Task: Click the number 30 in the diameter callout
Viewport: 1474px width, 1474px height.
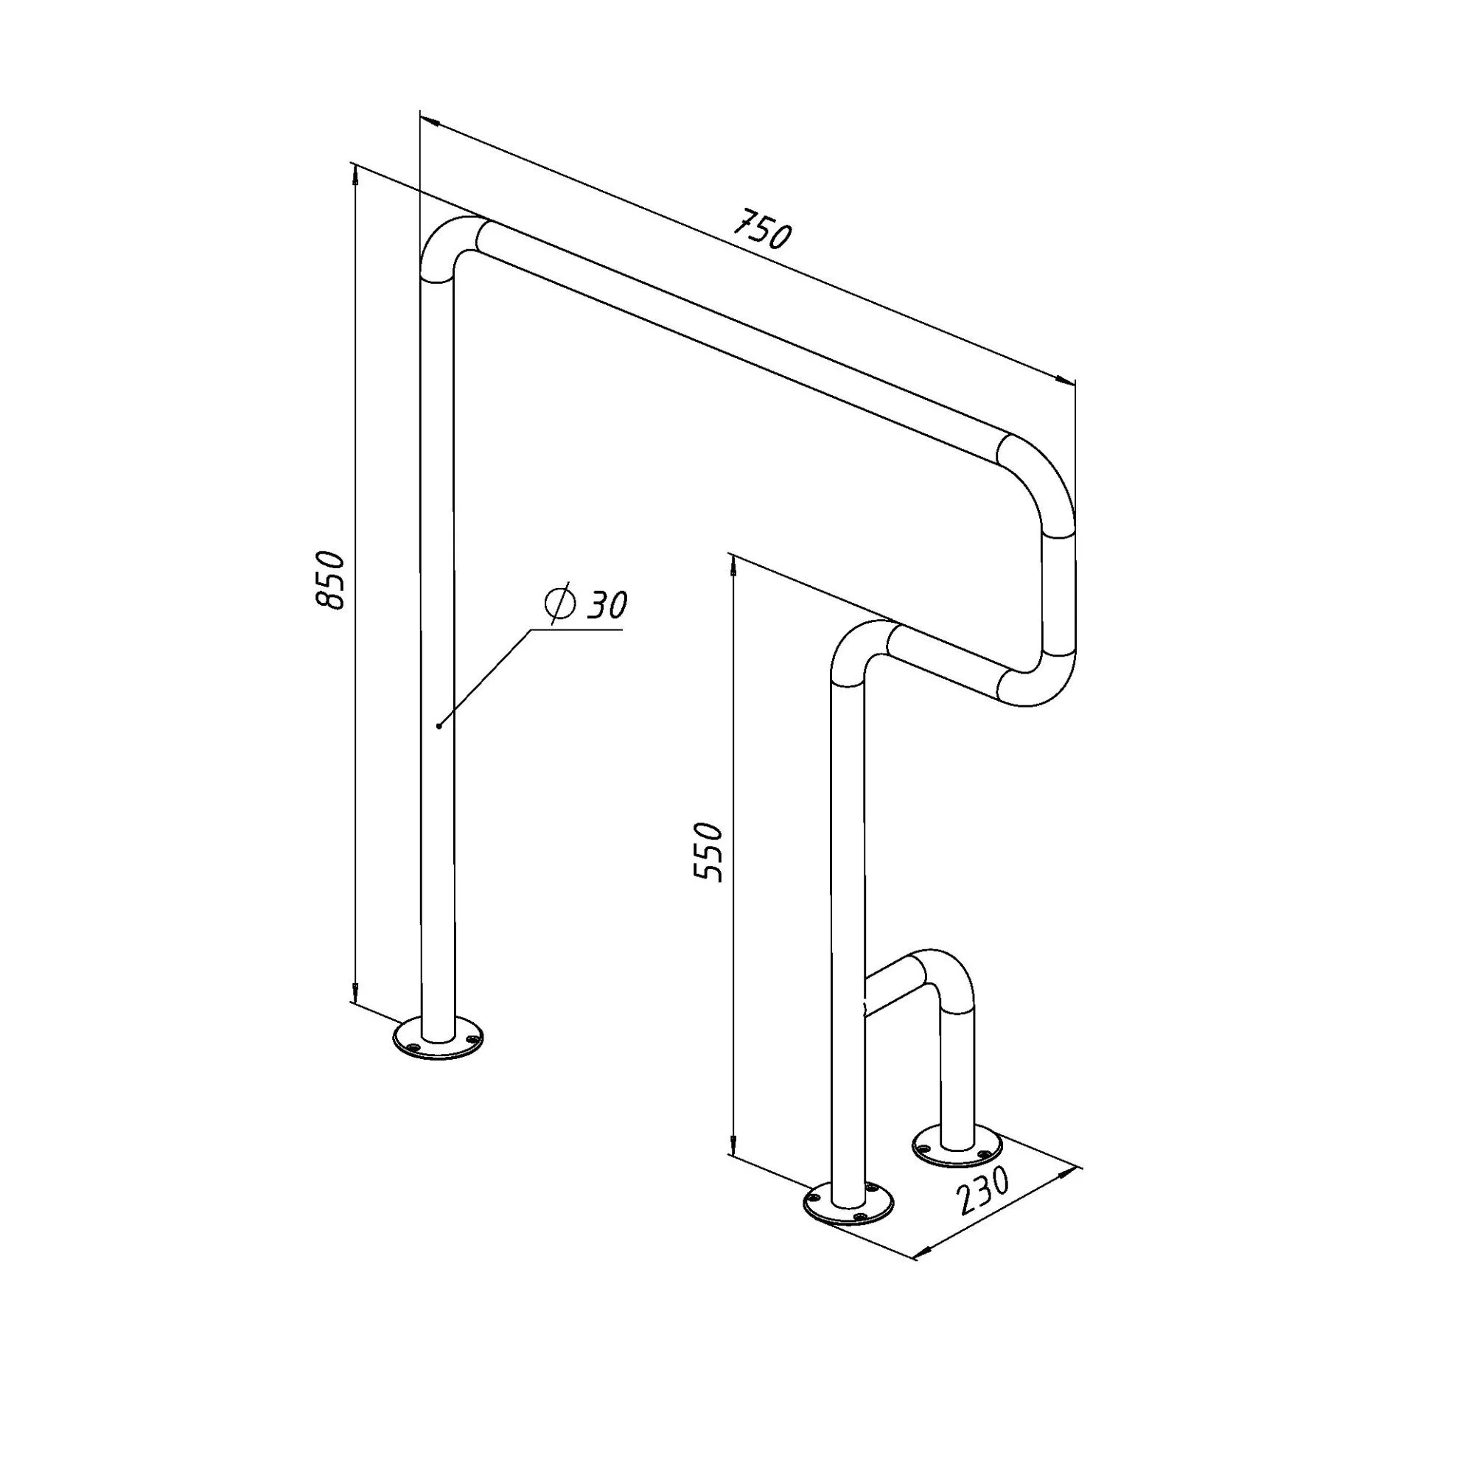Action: click(608, 604)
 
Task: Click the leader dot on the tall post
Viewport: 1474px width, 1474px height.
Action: click(439, 725)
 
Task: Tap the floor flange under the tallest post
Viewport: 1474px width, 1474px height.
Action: click(438, 1038)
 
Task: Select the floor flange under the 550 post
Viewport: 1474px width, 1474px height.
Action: click(848, 1206)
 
